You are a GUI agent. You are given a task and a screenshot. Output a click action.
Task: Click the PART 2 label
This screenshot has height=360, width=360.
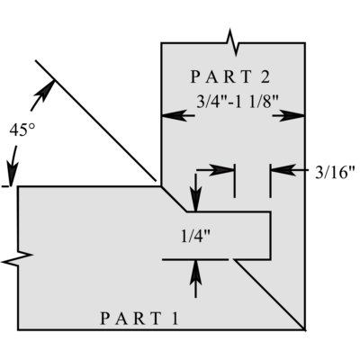[230, 76]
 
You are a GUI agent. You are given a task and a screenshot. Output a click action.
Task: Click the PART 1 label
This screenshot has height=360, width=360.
[139, 319]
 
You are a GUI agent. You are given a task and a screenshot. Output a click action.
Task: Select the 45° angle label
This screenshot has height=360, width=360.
[22, 130]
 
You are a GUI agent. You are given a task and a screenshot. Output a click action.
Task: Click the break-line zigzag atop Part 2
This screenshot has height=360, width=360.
[232, 42]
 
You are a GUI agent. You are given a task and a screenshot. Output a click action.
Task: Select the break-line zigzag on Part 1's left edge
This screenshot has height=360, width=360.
[17, 258]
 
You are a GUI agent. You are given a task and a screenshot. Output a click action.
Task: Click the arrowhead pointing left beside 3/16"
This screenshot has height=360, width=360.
[282, 170]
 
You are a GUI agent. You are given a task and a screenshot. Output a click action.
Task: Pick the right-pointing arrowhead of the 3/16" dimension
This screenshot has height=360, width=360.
[223, 170]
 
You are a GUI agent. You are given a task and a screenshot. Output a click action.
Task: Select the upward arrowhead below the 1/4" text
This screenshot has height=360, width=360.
[196, 271]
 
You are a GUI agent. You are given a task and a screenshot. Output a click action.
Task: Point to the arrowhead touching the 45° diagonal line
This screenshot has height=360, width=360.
[46, 89]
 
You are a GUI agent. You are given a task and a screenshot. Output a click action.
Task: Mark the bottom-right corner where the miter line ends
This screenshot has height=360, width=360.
[305, 329]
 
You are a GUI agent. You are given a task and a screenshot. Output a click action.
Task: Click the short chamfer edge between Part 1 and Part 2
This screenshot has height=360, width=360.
[174, 199]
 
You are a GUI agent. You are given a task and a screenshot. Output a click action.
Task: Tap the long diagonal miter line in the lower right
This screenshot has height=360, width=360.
[270, 294]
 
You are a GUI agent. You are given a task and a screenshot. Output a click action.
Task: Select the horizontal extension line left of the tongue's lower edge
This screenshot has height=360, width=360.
[195, 259]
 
